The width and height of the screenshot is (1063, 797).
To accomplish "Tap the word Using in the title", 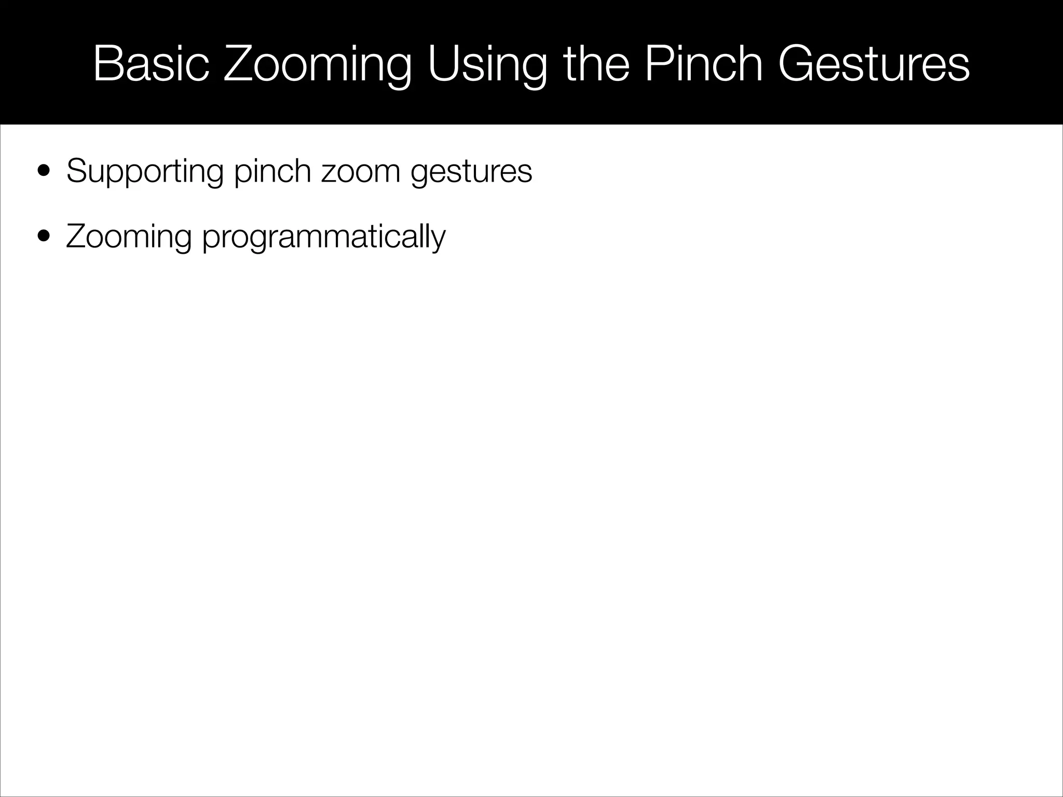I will (487, 64).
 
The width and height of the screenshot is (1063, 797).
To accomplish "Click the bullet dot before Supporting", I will (44, 171).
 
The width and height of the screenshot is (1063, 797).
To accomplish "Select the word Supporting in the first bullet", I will (145, 172).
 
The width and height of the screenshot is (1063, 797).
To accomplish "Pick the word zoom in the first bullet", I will (361, 172).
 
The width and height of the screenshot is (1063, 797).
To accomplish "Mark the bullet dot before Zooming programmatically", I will (44, 237).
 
